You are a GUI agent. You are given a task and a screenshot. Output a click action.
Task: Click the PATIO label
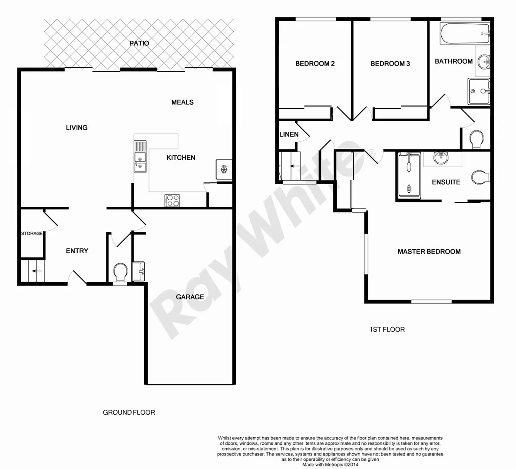pos(139,43)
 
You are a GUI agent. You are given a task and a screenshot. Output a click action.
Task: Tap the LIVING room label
pos(76,128)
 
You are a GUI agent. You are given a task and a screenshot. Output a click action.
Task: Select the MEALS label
pos(182,102)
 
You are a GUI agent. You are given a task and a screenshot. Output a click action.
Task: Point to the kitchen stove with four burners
pos(172,200)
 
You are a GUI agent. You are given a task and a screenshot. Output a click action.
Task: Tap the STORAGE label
pos(32,234)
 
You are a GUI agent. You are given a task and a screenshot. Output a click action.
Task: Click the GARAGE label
pos(190,297)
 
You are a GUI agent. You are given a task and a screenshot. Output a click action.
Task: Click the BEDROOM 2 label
pos(315,64)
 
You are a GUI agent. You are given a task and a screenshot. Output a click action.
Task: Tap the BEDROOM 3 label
pos(390,64)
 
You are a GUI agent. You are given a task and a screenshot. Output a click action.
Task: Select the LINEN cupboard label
pos(289,135)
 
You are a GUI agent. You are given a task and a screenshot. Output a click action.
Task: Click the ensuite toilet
pos(481,178)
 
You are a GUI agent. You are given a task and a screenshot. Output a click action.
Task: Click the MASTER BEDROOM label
pos(429,251)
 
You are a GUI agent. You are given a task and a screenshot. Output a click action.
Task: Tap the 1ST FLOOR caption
pos(387,330)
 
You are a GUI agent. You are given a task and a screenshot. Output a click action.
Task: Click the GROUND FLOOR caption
pos(129,413)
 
